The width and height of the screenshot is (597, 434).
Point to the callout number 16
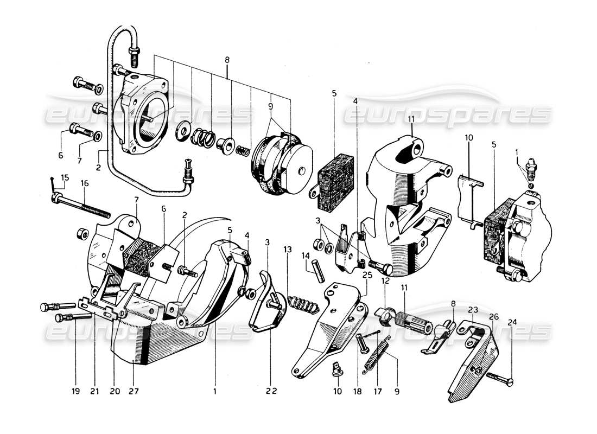(x=85, y=184)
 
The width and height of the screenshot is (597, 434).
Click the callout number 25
(x=367, y=275)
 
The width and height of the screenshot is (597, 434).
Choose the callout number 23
(x=473, y=311)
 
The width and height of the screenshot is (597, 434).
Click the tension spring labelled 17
(x=379, y=354)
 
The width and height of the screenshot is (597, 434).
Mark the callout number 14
(x=306, y=256)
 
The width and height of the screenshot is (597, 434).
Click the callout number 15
(x=65, y=177)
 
